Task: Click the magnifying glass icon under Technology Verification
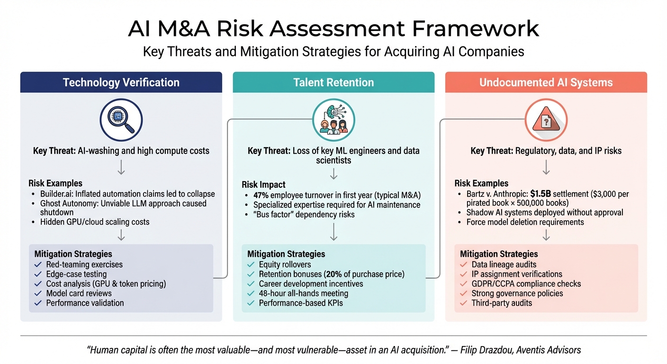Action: [x=121, y=119]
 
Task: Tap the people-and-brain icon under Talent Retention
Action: [x=333, y=119]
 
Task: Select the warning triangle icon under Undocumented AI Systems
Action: [x=546, y=119]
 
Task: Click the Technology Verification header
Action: [x=121, y=82]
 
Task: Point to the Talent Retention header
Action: [x=333, y=82]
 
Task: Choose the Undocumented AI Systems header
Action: [x=546, y=82]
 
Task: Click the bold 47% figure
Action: [x=261, y=195]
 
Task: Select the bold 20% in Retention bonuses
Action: [x=334, y=274]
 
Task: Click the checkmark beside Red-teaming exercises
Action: [x=38, y=264]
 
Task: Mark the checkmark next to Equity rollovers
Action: [x=251, y=264]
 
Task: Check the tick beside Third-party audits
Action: [x=463, y=303]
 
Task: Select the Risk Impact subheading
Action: [x=263, y=185]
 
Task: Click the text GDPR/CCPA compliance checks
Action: [x=526, y=284]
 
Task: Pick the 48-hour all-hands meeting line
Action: [x=303, y=293]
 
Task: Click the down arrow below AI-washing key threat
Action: [x=121, y=167]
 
